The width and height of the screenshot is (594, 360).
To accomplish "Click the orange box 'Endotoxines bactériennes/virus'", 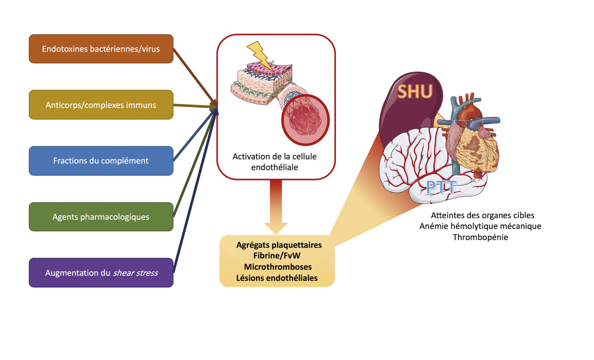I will click(x=101, y=49).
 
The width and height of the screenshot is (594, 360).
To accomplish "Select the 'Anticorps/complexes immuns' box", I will click(x=101, y=105).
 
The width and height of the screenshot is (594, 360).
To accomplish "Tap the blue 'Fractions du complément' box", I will click(x=101, y=161).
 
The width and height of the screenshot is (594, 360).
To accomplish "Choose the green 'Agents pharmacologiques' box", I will click(x=101, y=217).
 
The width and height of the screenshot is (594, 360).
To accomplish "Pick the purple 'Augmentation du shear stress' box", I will click(x=101, y=273).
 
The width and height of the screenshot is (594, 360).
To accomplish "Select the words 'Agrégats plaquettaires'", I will click(x=277, y=244).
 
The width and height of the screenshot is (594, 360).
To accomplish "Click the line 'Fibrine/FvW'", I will click(x=277, y=256).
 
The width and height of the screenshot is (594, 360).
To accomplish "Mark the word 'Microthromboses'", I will click(x=277, y=267).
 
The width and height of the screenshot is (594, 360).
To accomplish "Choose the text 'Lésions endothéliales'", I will click(x=277, y=278).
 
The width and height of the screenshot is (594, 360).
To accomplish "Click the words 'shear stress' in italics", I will click(x=135, y=273).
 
